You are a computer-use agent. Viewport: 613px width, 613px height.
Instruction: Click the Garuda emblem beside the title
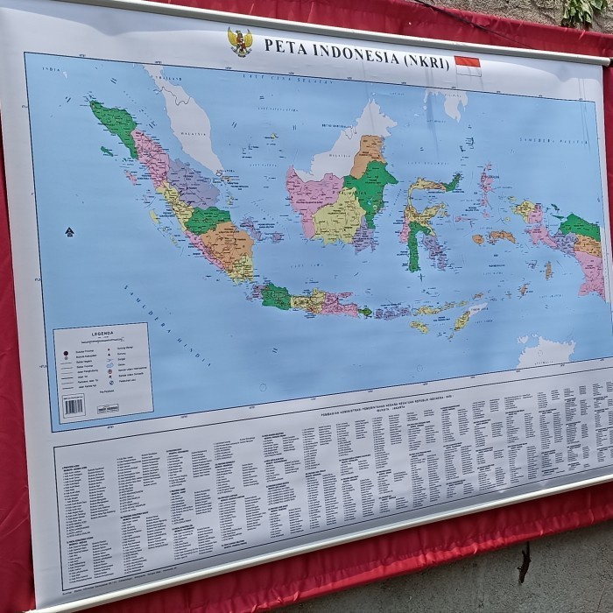tap(239, 41)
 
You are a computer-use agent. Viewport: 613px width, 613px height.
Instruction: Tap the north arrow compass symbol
tap(69, 232)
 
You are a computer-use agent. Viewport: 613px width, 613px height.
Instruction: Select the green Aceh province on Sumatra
tap(114, 122)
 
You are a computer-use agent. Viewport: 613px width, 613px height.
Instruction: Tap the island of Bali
tap(365, 311)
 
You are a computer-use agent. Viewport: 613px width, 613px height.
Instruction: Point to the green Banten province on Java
tap(274, 295)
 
